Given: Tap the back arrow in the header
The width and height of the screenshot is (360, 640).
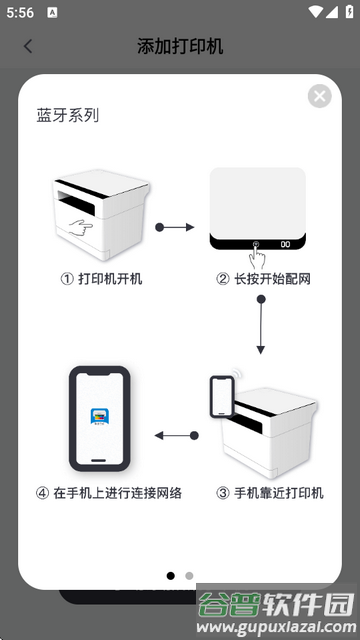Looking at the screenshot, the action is [28, 46].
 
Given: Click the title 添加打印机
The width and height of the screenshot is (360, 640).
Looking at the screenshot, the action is [180, 46].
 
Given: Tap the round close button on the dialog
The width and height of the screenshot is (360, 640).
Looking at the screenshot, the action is [319, 96].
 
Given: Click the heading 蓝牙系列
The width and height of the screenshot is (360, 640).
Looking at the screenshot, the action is [68, 116].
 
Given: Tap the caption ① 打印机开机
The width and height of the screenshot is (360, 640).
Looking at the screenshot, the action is [102, 279].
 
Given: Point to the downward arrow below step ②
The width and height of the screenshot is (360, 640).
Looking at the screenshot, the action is [260, 325].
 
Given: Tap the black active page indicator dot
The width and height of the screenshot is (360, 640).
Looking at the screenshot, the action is [170, 576].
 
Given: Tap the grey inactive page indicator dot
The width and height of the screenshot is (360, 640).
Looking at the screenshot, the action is [189, 576].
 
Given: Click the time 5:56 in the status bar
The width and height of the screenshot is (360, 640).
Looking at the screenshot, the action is [19, 13].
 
